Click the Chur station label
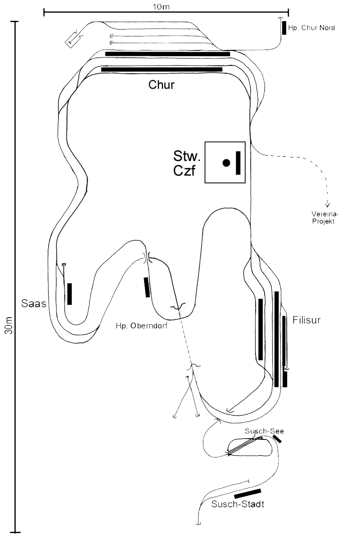pyautogui.click(x=161, y=85)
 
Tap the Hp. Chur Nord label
pyautogui.click(x=311, y=27)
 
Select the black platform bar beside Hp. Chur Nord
pyautogui.click(x=284, y=28)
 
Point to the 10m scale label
pyautogui.click(x=161, y=7)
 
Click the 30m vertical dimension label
pyautogui.click(x=9, y=325)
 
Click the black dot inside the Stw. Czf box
pyautogui.click(x=226, y=163)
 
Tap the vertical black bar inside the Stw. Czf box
pyautogui.click(x=238, y=163)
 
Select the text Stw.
pyautogui.click(x=187, y=156)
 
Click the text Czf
pyautogui.click(x=184, y=170)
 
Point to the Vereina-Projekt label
pyautogui.click(x=325, y=218)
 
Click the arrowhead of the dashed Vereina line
pyautogui.click(x=328, y=205)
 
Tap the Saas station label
pyautogui.click(x=34, y=304)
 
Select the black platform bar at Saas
pyautogui.click(x=70, y=294)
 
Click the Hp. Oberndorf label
pyautogui.click(x=142, y=326)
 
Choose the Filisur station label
pyautogui.click(x=306, y=320)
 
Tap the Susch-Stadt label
pyautogui.click(x=238, y=504)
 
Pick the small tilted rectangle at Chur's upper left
pyautogui.click(x=73, y=39)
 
